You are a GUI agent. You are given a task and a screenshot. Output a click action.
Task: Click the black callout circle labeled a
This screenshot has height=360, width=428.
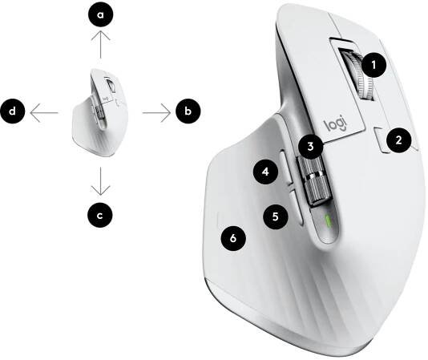(x=100, y=14)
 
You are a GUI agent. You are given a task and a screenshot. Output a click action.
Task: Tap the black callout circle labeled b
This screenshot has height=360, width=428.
(x=188, y=111)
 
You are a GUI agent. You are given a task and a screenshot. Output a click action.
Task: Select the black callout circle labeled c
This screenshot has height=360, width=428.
(x=100, y=215)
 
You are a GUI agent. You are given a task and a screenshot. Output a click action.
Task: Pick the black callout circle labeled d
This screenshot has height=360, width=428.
(x=13, y=111)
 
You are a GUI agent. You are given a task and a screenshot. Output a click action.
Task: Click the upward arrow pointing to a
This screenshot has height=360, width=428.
(x=101, y=44)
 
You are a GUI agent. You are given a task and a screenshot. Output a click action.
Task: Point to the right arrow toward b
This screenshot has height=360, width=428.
(x=156, y=112)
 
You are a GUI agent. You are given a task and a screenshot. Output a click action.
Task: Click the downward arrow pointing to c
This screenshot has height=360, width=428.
(x=101, y=181)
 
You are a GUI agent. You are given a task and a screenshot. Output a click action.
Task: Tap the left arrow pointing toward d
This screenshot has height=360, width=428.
(x=44, y=112)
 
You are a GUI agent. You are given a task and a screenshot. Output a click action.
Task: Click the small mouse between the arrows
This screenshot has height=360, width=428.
(x=100, y=112)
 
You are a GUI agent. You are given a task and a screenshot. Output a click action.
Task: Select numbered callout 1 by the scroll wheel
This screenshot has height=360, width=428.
(x=373, y=65)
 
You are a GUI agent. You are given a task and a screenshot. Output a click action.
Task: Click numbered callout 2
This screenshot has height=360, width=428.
(x=398, y=140)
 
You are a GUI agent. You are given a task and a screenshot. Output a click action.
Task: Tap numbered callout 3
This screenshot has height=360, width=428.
(x=311, y=147)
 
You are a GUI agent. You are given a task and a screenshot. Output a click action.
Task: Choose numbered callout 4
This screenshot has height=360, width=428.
(x=265, y=172)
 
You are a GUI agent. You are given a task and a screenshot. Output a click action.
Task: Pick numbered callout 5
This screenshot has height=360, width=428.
(x=276, y=216)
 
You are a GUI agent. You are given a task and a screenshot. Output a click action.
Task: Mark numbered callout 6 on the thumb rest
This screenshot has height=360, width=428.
(x=233, y=238)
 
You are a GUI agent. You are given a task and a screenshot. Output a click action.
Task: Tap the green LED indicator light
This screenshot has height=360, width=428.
(x=328, y=222)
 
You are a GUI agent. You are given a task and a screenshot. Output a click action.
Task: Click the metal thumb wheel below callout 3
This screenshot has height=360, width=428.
(x=315, y=180)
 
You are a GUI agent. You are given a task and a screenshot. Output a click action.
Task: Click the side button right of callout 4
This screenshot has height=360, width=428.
(x=286, y=170)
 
